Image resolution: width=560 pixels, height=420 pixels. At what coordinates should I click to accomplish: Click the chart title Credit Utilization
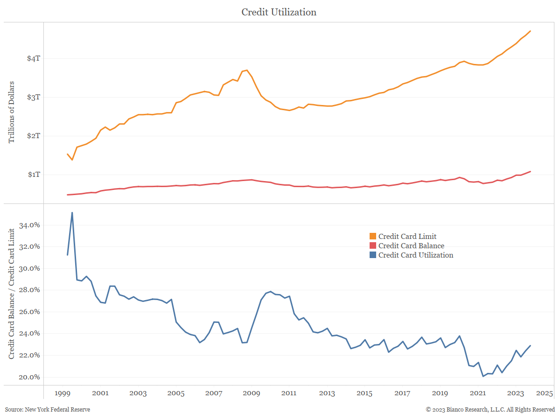279,12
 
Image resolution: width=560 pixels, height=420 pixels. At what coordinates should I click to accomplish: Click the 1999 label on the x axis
63,393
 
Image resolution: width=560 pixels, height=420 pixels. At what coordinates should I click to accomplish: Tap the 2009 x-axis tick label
251,393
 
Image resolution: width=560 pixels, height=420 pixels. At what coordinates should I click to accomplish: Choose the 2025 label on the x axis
544,393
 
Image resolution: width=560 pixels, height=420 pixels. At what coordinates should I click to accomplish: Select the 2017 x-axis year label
402,393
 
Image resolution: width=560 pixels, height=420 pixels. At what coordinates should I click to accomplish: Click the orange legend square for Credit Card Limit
372,237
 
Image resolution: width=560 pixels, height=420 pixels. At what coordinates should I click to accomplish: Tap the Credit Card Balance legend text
411,246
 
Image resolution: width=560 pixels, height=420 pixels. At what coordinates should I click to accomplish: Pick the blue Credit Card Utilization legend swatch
372,255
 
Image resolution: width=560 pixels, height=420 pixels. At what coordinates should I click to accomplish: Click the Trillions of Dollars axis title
12,112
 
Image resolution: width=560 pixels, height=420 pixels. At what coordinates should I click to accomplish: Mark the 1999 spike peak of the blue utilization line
72,213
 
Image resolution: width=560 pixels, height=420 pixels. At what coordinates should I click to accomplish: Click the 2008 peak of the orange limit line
247,70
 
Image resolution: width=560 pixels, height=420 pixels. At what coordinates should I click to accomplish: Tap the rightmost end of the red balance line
530,172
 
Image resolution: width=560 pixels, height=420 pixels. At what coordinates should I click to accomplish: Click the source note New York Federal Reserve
48,410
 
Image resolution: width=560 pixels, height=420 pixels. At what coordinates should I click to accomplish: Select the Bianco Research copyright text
490,410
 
